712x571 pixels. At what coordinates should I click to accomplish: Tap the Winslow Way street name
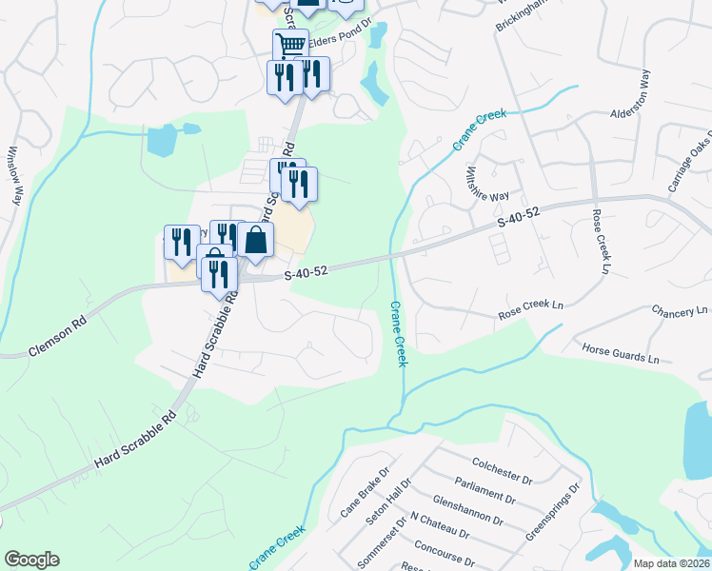point(13,175)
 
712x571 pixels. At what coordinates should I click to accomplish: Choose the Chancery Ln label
point(680,311)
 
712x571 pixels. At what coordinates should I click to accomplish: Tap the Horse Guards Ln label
point(620,354)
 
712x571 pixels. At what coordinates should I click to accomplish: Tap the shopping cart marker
point(290,43)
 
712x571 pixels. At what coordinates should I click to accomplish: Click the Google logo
point(30,560)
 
